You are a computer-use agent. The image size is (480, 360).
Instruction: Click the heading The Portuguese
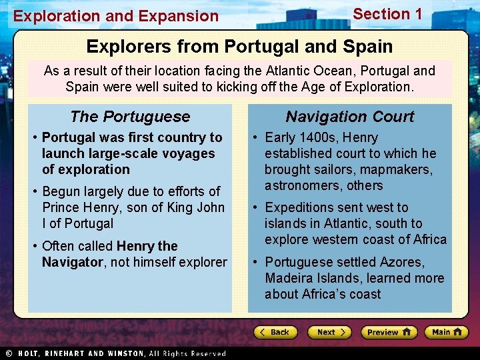coord(130,117)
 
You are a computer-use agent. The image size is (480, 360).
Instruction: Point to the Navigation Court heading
coord(350,117)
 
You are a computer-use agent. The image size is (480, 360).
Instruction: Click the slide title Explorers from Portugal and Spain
coord(239,47)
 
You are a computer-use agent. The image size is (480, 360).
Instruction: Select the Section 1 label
coord(387,14)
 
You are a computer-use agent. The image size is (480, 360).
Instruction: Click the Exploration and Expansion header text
coord(116,16)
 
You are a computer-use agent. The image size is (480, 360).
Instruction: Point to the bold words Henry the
coord(147,246)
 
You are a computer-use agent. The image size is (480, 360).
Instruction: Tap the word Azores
coord(402,262)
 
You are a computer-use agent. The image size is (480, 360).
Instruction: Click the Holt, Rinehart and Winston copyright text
coord(117,353)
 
